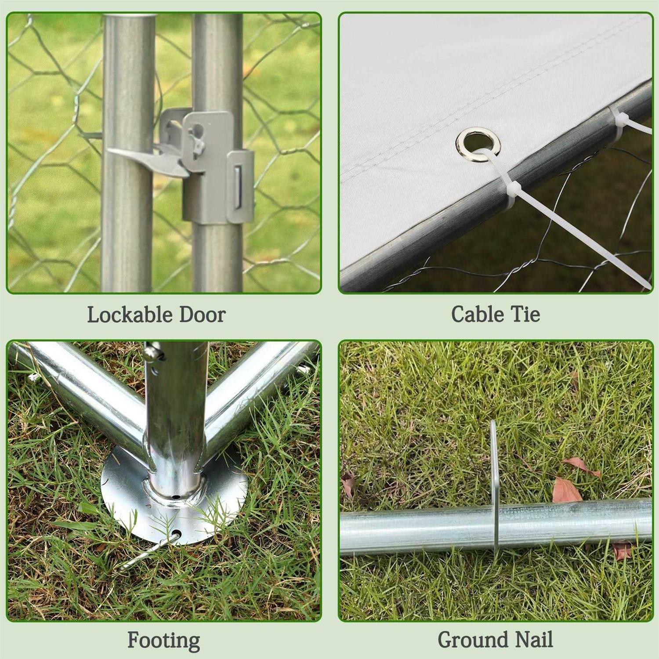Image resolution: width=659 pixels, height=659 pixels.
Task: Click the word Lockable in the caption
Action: click(x=130, y=315)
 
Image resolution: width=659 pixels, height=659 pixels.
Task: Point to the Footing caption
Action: click(x=163, y=641)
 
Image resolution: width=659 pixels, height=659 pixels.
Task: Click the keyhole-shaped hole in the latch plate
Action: click(x=198, y=130)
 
